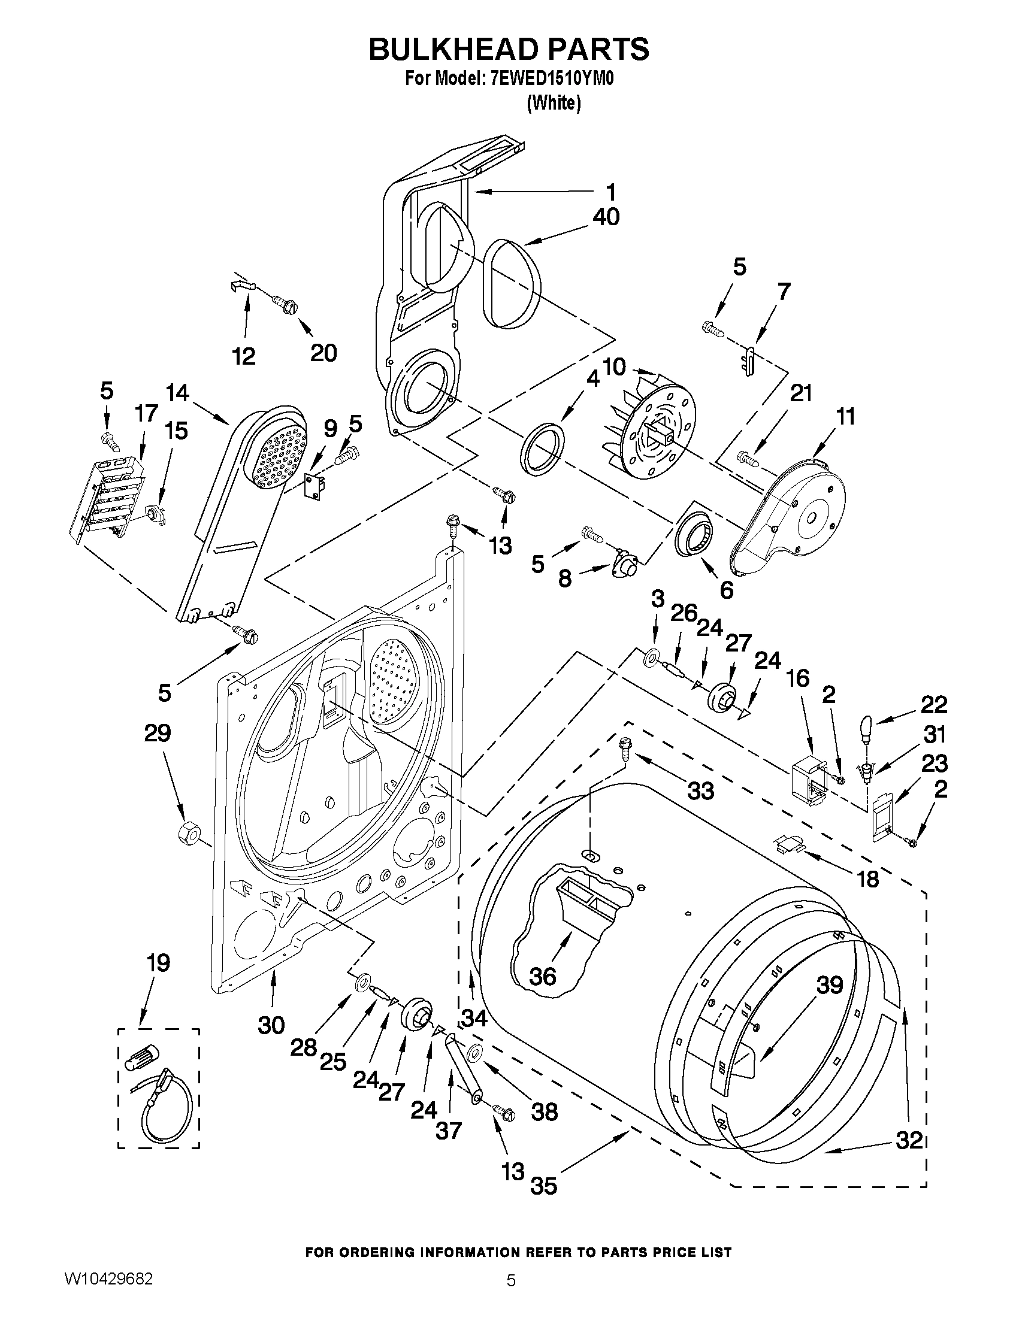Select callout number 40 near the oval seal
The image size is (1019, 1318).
(606, 217)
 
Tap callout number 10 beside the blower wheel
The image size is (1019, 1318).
(614, 366)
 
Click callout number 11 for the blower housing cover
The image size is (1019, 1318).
(845, 416)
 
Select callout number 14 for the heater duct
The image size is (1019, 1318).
(177, 393)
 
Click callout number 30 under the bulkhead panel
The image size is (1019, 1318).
(271, 1024)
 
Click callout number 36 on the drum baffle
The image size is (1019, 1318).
(542, 976)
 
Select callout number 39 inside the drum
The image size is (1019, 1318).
(830, 985)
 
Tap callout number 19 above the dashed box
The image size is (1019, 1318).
(158, 962)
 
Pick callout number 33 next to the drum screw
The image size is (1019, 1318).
(701, 790)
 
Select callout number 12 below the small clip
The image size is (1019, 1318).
(244, 356)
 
